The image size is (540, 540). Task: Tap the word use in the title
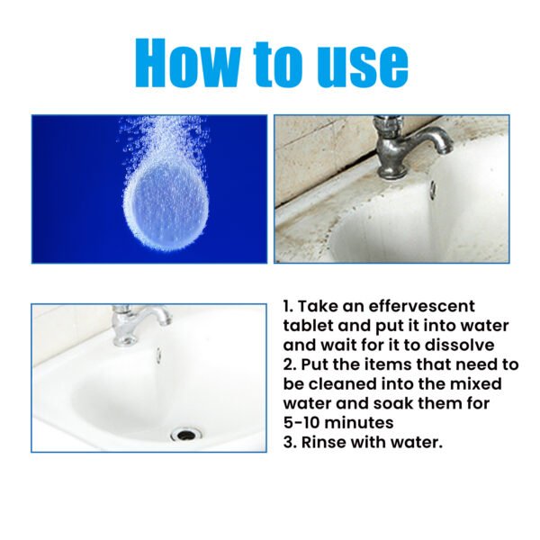355,64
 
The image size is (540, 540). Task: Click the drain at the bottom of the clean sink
186,433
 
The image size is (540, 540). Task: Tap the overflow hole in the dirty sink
432,190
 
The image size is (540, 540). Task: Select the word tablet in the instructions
310,325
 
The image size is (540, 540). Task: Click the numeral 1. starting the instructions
290,306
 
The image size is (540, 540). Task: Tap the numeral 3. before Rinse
292,442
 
